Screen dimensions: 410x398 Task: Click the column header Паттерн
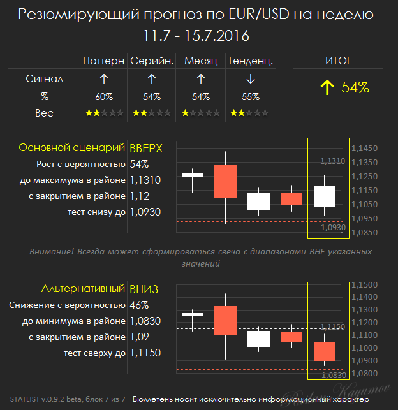click(103, 61)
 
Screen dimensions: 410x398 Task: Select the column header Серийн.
click(151, 61)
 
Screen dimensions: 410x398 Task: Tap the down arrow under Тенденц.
click(251, 79)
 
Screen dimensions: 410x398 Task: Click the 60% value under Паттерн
click(104, 97)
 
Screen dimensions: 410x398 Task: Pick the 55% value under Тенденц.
click(251, 97)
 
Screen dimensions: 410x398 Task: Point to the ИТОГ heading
click(338, 61)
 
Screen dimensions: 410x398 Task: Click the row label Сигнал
click(44, 79)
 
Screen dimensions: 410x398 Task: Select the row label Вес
click(44, 113)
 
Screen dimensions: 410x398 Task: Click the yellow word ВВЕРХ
click(146, 148)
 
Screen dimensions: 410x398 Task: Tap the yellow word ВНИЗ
click(144, 289)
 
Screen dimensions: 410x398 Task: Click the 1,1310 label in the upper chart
click(332, 161)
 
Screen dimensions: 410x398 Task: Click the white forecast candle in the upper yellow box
click(325, 196)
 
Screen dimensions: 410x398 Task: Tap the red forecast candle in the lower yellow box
click(325, 351)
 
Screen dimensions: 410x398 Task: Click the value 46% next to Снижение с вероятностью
click(139, 305)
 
